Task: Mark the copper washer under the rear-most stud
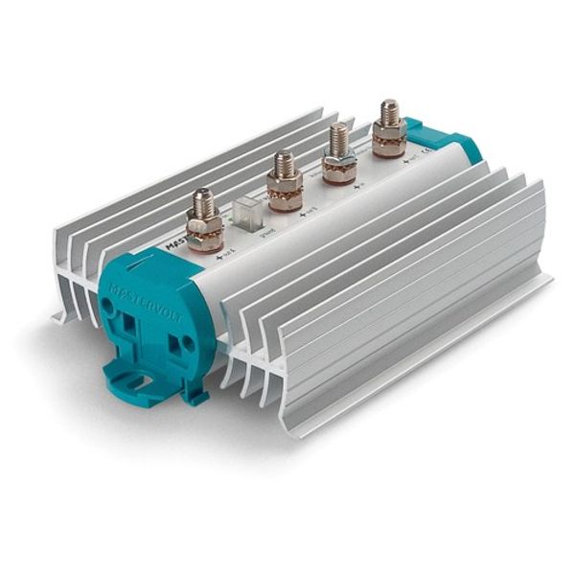[x=389, y=149]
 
